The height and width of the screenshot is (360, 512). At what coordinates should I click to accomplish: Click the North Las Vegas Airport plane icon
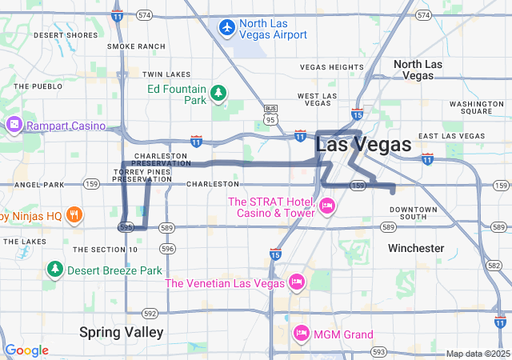(227, 28)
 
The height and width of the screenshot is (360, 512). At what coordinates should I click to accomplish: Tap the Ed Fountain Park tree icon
(218, 95)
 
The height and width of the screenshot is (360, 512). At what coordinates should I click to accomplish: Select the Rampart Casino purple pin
(14, 125)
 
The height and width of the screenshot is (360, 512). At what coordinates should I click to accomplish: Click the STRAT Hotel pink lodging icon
(326, 206)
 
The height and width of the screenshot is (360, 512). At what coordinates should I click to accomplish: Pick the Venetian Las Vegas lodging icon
(296, 282)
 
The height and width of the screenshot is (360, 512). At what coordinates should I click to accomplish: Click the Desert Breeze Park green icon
(55, 270)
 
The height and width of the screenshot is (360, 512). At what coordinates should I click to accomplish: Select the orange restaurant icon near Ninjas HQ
(74, 214)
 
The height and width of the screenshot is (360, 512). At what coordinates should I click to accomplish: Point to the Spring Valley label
(122, 331)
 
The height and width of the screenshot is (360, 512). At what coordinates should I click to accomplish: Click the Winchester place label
(416, 248)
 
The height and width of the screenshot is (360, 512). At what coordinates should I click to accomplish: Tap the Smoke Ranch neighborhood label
(136, 46)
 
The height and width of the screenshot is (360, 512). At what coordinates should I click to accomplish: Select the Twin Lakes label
(166, 74)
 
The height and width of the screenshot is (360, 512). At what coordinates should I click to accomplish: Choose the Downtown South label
(414, 214)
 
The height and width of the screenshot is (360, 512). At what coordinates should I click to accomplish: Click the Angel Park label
(38, 184)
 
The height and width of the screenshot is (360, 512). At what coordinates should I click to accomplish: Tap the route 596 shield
(167, 249)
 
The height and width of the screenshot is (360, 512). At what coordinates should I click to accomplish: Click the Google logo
(26, 350)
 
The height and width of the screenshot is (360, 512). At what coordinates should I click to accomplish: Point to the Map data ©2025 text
(477, 354)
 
